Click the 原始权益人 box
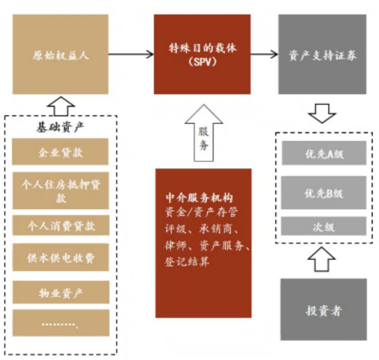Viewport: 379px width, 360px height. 60,54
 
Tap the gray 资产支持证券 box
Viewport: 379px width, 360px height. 322,54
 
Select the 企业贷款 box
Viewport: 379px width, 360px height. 60,152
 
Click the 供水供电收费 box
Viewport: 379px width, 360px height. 60,257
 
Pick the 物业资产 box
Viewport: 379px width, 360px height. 60,293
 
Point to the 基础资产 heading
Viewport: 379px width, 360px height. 60,127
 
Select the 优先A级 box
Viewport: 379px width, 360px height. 324,154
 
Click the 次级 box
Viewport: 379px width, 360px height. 324,226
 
